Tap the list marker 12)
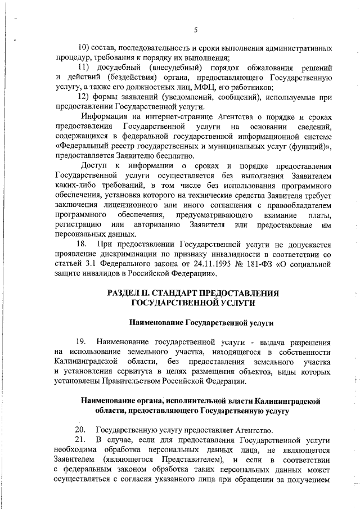click(x=84, y=97)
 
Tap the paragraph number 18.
click(x=82, y=245)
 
